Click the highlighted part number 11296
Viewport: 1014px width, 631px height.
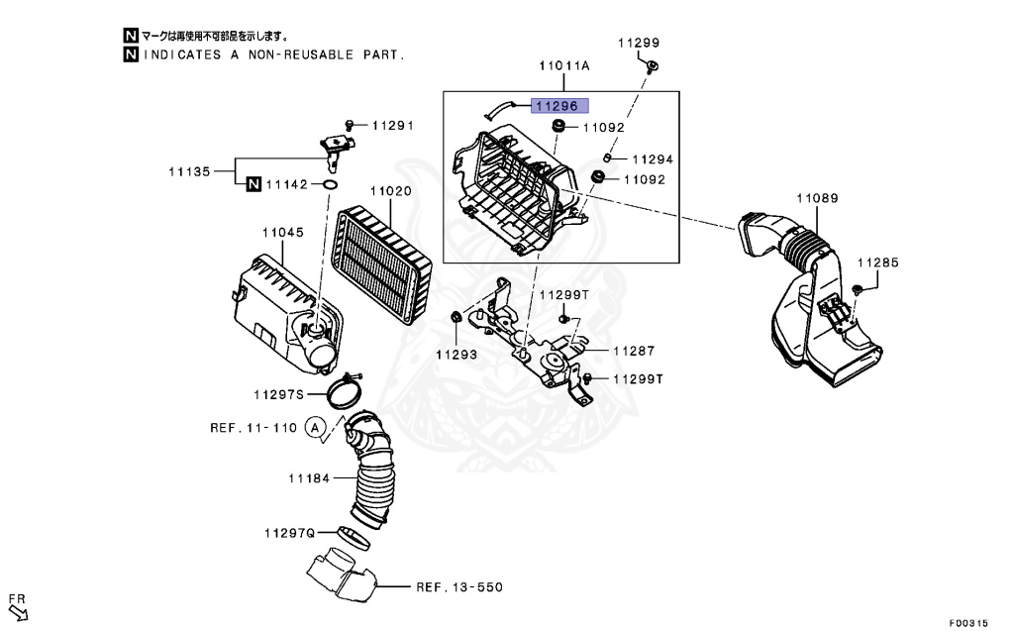click(559, 106)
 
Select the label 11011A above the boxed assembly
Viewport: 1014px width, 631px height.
click(564, 65)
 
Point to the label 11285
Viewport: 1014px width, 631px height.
click(877, 263)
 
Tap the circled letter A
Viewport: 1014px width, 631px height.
click(315, 428)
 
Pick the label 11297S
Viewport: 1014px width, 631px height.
click(277, 394)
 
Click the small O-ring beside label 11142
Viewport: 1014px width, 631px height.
click(330, 184)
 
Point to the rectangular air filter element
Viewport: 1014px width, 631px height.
click(381, 263)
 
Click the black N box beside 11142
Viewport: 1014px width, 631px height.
click(253, 184)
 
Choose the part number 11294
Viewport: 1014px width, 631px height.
click(652, 158)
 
